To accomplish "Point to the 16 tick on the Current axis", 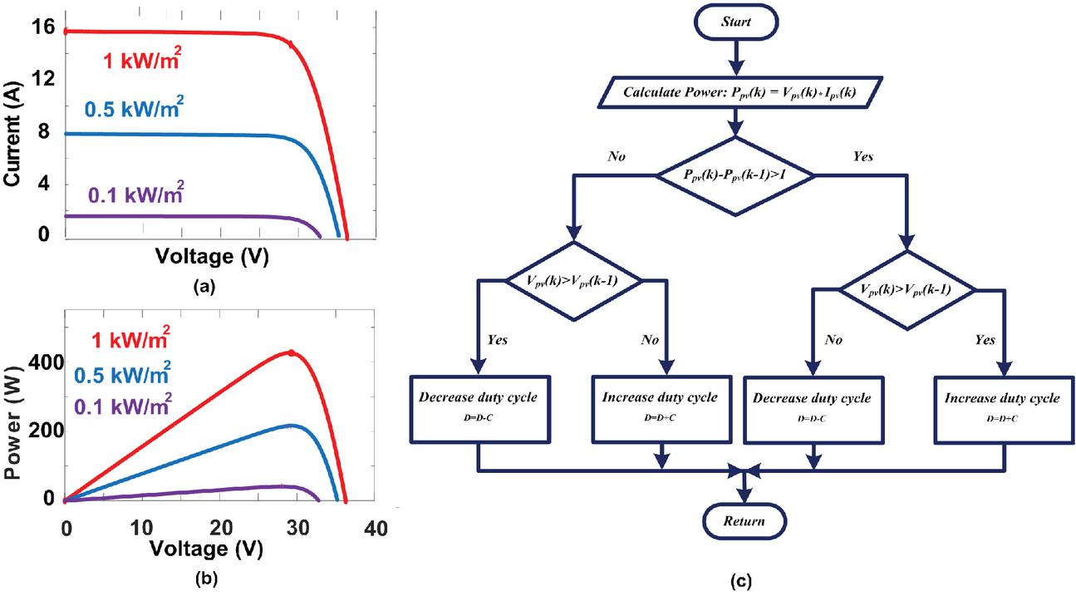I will coord(44,27).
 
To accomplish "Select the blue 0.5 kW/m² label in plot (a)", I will coord(133,110).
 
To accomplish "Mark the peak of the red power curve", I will coord(291,352).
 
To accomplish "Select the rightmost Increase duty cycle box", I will coord(1002,406).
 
